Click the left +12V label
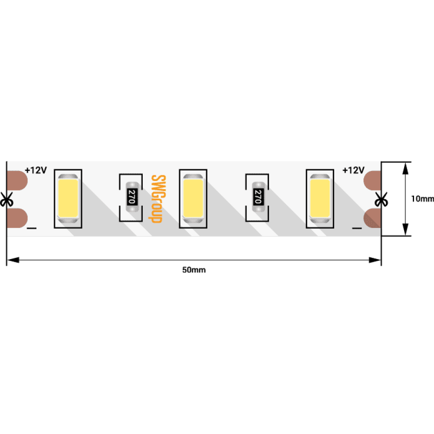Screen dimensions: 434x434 (x=36, y=170)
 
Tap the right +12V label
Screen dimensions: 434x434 (x=353, y=170)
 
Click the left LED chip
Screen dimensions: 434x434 (x=68, y=198)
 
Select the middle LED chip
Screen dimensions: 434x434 (x=193, y=198)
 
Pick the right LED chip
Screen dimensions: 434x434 (x=320, y=198)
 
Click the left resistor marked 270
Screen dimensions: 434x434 (x=132, y=197)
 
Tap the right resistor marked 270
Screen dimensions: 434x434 (x=258, y=197)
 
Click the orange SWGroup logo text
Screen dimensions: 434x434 (x=158, y=199)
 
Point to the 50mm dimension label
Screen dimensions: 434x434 (x=194, y=270)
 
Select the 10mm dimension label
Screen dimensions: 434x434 (x=422, y=199)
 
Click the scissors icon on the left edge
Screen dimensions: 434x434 (x=7, y=199)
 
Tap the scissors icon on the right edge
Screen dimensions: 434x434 (x=381, y=199)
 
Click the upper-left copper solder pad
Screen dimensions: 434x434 (x=17, y=181)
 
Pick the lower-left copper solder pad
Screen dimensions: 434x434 (x=17, y=218)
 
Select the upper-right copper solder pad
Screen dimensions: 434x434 (x=372, y=181)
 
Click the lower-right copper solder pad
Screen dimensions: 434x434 (x=372, y=218)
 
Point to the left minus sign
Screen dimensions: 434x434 (x=32, y=228)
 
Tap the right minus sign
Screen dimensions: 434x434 (x=357, y=228)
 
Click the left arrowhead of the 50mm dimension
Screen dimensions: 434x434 (x=13, y=260)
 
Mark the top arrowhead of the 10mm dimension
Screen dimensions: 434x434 (x=405, y=168)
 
